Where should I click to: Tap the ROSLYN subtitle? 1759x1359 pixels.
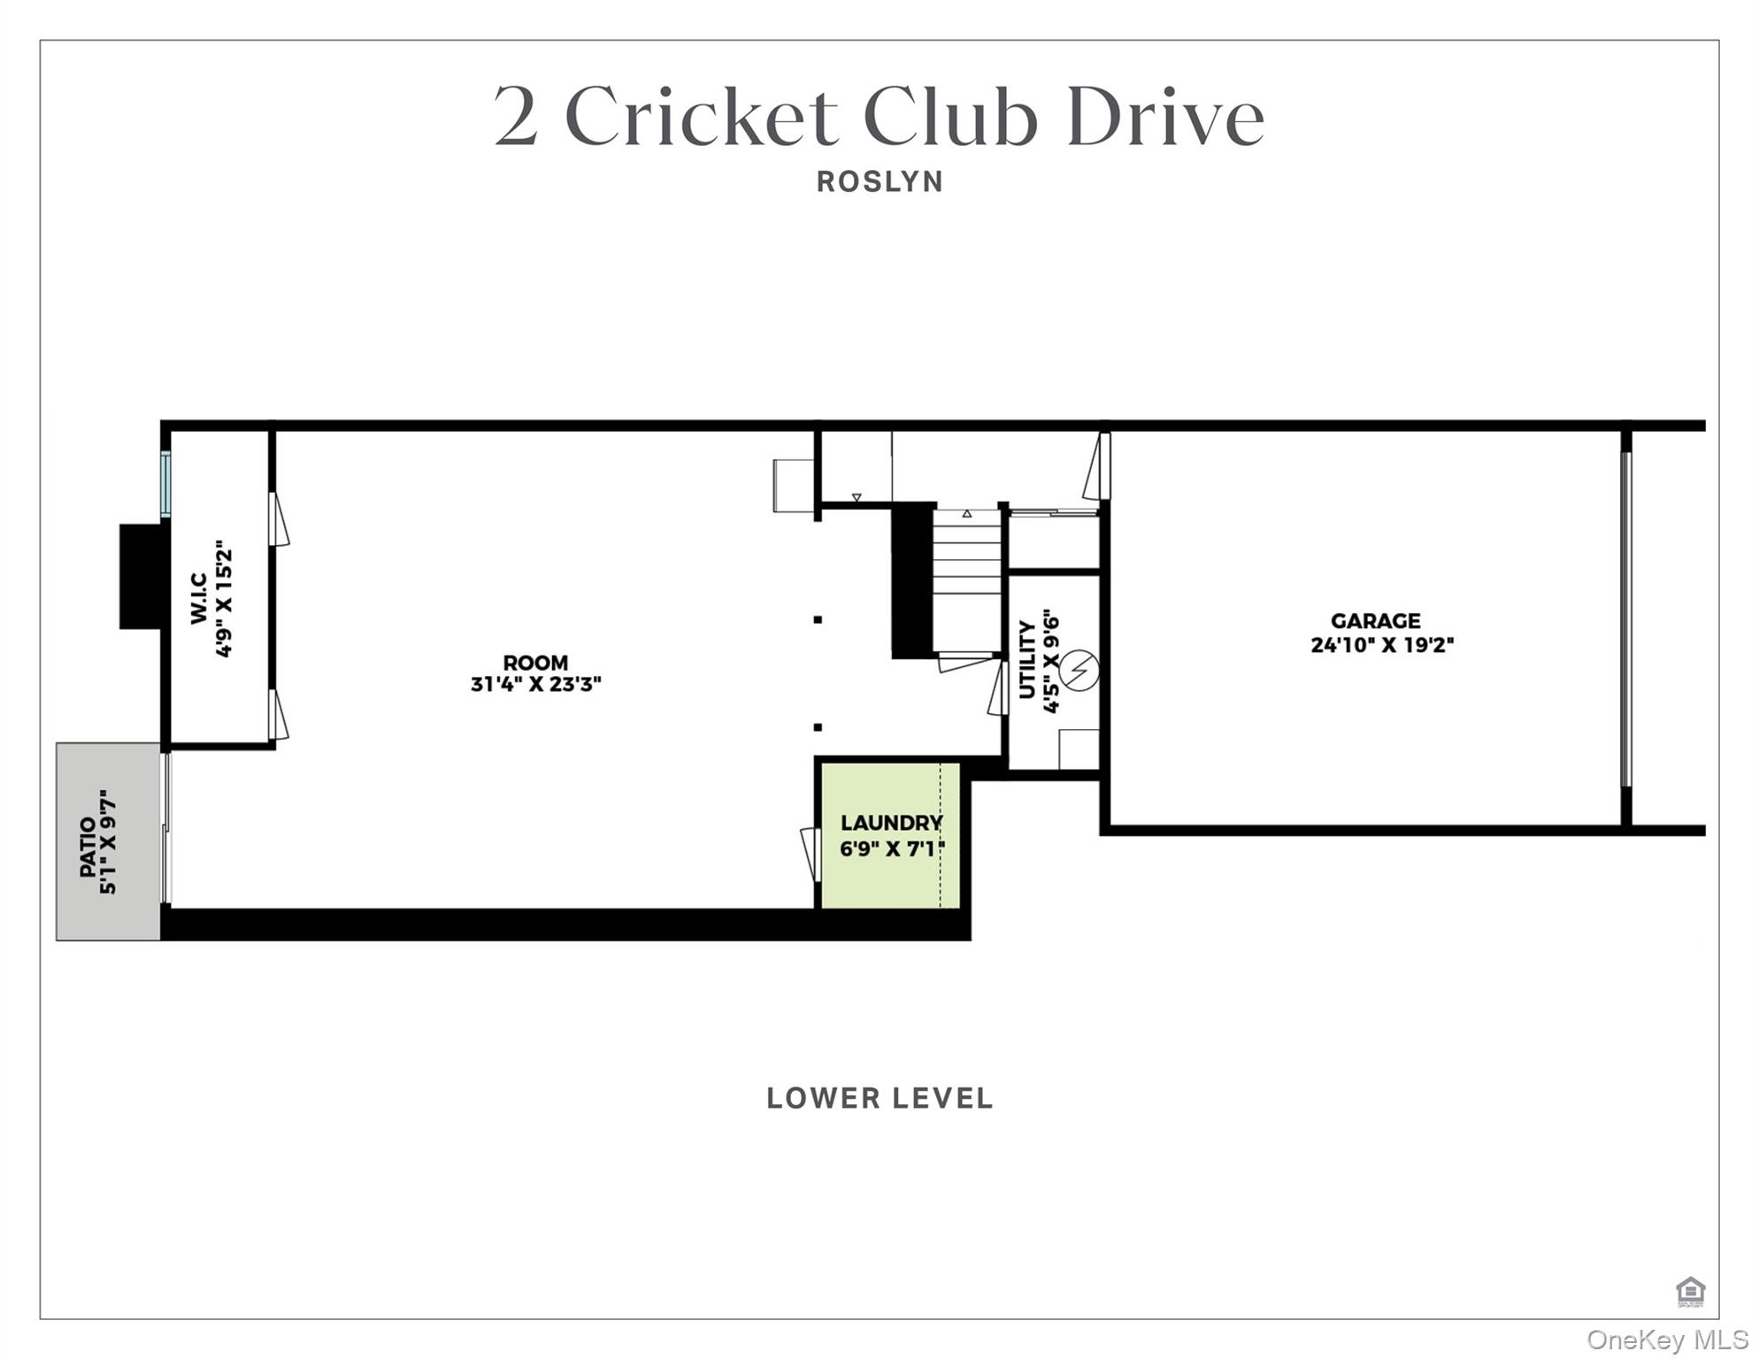coord(879,181)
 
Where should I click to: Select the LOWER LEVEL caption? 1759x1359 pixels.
coord(879,1098)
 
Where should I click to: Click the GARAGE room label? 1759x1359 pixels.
coord(1375,621)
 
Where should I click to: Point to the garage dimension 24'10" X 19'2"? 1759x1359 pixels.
coord(1382,645)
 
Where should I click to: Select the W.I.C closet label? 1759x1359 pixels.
coord(199,598)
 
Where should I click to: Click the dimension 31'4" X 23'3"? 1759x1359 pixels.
coord(536,684)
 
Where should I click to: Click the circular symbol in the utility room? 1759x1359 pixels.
coord(1079,671)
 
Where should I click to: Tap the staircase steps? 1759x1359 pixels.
coord(966,566)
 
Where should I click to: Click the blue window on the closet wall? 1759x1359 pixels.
coord(165,484)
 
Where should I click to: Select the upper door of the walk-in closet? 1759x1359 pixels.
coord(278,519)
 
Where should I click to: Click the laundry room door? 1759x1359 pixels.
coord(810,854)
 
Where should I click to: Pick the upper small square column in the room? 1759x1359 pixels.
coord(818,619)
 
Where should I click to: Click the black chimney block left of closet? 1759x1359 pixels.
coord(142,576)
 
